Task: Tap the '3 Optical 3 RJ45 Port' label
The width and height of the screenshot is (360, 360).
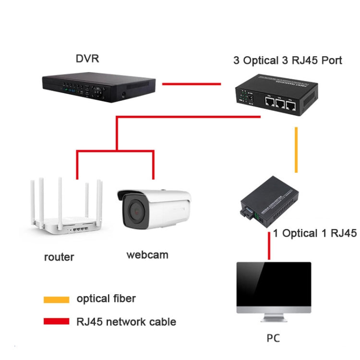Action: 288,60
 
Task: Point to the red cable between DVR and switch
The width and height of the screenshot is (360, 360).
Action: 191,84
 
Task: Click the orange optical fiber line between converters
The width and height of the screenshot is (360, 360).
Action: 296,150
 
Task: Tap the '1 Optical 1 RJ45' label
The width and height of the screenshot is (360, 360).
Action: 315,234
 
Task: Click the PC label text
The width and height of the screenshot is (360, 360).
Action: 273,338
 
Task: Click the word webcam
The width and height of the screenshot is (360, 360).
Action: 147,254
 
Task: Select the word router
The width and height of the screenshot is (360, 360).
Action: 59,257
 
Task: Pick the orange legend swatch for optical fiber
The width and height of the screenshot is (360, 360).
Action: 56,300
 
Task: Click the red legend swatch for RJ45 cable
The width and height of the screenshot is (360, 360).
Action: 56,322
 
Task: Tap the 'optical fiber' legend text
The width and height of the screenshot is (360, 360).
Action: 106,299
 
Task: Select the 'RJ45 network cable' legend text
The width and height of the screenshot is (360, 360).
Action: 126,322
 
